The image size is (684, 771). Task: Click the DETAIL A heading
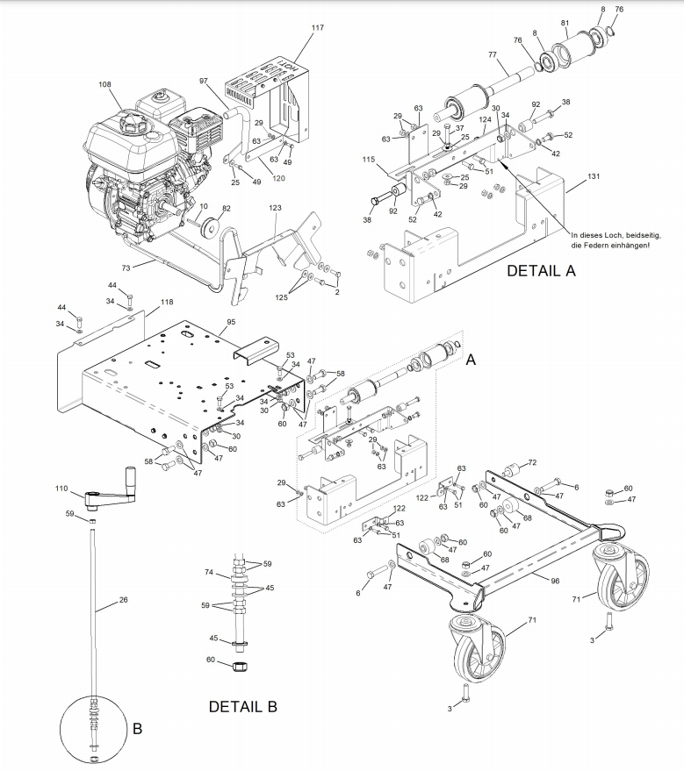pyautogui.click(x=541, y=270)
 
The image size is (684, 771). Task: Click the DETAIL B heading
pyautogui.click(x=242, y=707)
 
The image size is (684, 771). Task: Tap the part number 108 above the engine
pyautogui.click(x=104, y=84)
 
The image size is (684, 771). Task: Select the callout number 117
pyautogui.click(x=317, y=27)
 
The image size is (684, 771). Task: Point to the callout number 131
pyautogui.click(x=594, y=176)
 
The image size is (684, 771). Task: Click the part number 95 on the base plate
pyautogui.click(x=231, y=322)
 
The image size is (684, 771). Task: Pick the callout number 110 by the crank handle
pyautogui.click(x=61, y=489)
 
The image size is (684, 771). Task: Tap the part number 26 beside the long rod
pyautogui.click(x=123, y=599)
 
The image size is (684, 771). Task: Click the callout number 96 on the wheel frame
pyautogui.click(x=555, y=581)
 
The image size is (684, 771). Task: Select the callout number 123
pyautogui.click(x=275, y=208)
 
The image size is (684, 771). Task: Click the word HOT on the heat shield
pyautogui.click(x=287, y=67)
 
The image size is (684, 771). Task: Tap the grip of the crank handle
pyautogui.click(x=132, y=475)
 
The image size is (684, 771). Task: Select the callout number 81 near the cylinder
pyautogui.click(x=565, y=23)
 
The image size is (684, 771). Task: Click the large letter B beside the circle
pyautogui.click(x=137, y=728)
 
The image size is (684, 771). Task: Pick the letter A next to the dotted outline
pyautogui.click(x=471, y=360)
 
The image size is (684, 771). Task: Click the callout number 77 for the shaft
pyautogui.click(x=493, y=54)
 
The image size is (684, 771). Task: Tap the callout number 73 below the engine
pyautogui.click(x=126, y=268)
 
